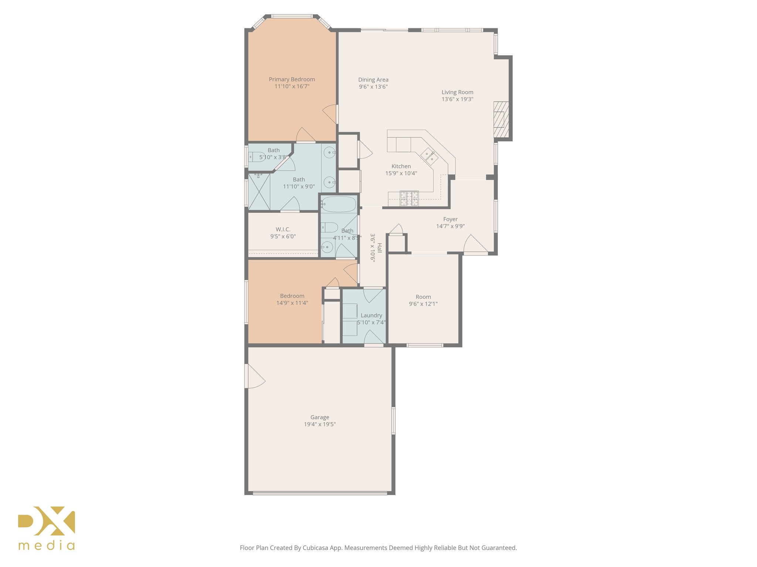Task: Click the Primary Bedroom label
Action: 292,79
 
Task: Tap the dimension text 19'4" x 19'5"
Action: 319,424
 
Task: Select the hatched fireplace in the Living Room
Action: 501,120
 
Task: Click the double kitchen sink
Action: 429,156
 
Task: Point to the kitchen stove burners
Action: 409,198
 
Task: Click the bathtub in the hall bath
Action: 338,204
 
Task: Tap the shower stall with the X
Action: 259,192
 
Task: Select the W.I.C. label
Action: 283,229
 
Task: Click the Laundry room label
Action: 371,315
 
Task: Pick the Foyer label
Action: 450,219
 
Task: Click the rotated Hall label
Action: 380,248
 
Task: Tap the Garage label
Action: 319,417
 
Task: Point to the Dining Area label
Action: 373,80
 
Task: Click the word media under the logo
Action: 47,546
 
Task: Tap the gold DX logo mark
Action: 47,520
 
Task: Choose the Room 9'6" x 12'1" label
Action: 423,297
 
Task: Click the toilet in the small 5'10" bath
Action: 256,157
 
